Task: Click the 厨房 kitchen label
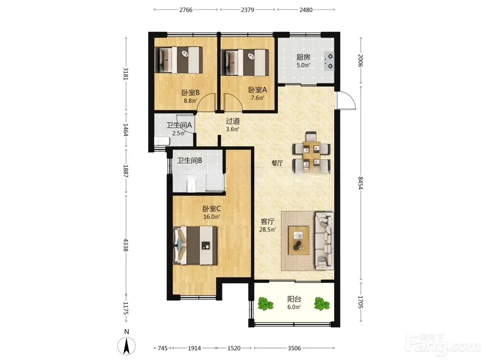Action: click(x=303, y=58)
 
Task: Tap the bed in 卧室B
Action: click(x=179, y=60)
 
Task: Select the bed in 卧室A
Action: click(x=245, y=62)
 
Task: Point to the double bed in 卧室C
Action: click(x=196, y=245)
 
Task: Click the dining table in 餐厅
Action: click(x=312, y=153)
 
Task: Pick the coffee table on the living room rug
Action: click(x=299, y=240)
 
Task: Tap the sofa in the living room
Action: click(x=324, y=240)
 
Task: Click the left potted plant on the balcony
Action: click(x=266, y=304)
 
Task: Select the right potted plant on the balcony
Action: click(x=322, y=304)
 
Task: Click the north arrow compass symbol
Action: click(x=126, y=346)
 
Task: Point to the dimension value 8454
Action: click(x=361, y=182)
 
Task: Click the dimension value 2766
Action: click(x=186, y=10)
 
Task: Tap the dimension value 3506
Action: click(x=294, y=348)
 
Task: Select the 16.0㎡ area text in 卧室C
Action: click(x=212, y=217)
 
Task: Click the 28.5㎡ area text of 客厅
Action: click(x=268, y=229)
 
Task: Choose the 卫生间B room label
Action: click(x=189, y=161)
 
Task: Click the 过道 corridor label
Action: click(x=233, y=121)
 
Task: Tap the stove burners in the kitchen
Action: click(x=329, y=61)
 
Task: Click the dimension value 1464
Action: click(x=126, y=130)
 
